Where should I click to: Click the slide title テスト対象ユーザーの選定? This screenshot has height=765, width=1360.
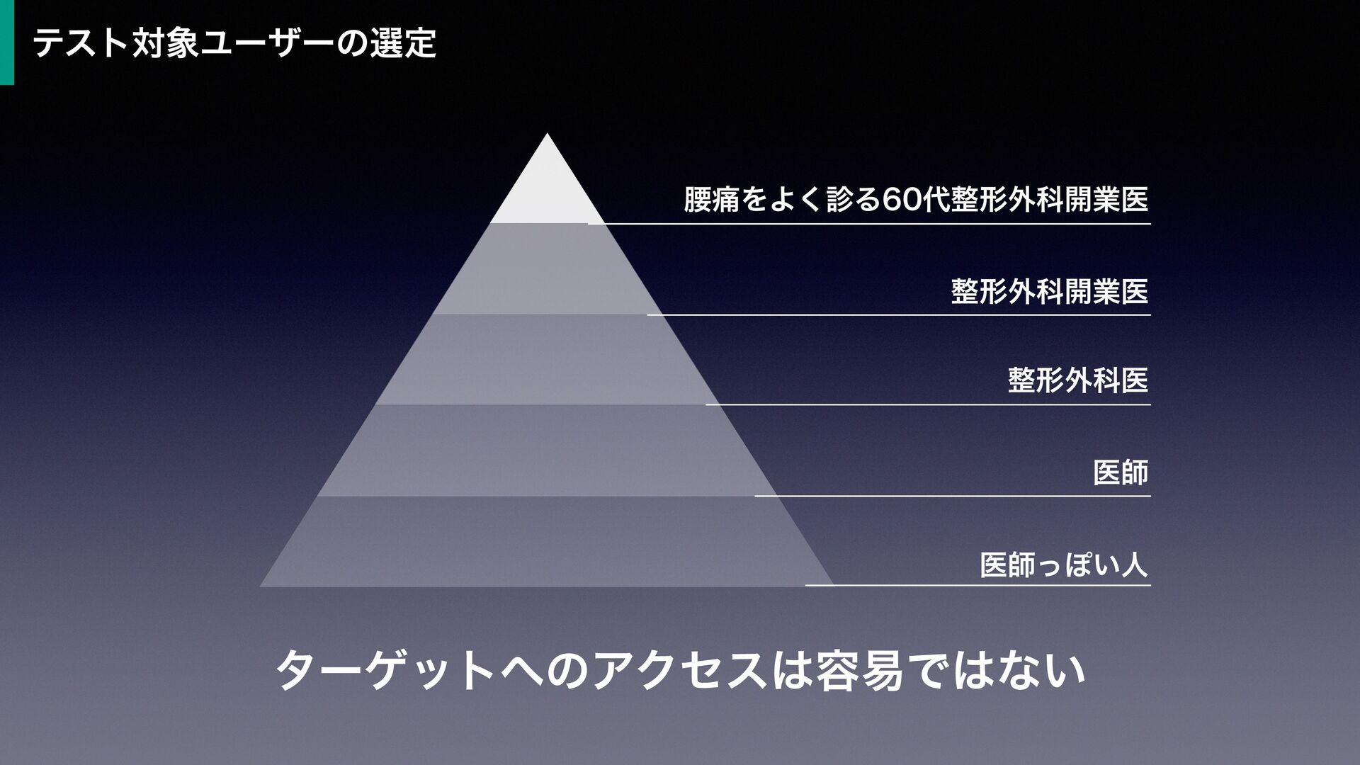coord(234,43)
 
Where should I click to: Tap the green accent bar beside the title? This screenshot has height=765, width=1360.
coord(6,42)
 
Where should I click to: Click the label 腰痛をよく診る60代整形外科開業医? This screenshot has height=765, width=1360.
coord(915,199)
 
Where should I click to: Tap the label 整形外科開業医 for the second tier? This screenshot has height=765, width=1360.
coord(1049,290)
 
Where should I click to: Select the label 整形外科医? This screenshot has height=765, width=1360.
coord(1077,380)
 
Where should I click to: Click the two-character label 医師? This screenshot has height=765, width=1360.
coord(1120,472)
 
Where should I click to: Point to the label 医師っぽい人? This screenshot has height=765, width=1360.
coord(1063,565)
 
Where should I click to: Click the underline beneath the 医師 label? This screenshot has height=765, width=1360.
coord(953,496)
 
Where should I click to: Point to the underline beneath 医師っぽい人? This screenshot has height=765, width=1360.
coord(977,586)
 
